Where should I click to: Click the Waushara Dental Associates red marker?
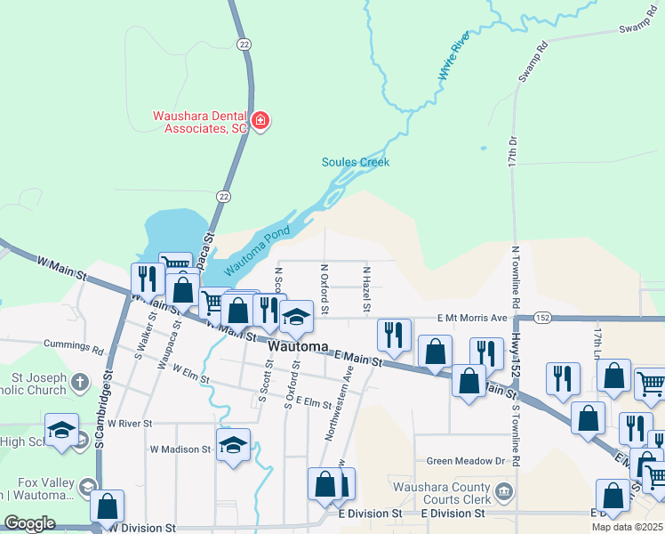(x=260, y=121)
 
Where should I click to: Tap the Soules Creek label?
(x=356, y=162)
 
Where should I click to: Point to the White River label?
(x=453, y=59)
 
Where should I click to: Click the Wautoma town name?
(x=298, y=346)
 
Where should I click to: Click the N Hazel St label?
(x=365, y=287)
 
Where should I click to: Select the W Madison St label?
(x=181, y=449)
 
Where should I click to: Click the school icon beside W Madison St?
(x=233, y=444)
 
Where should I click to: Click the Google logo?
(x=29, y=523)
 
